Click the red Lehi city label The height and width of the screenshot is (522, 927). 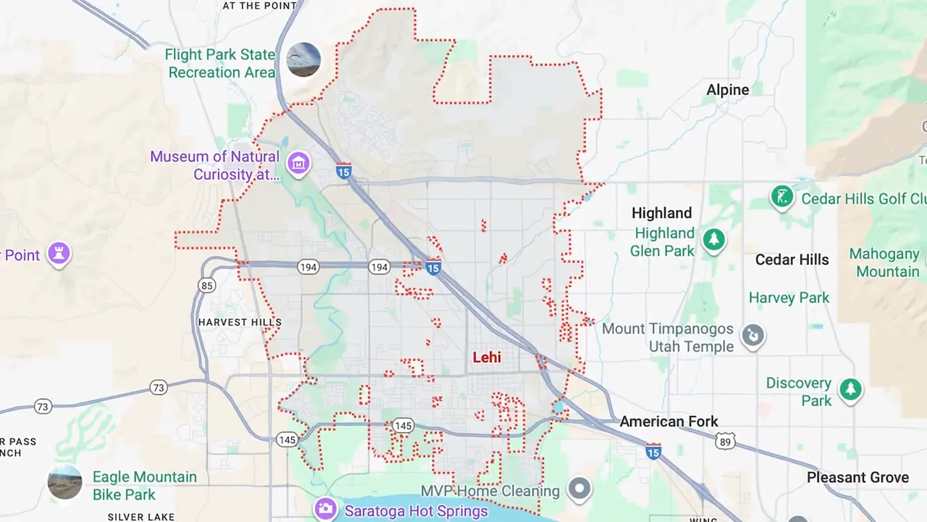pyautogui.click(x=487, y=357)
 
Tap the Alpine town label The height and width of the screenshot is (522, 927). pyautogui.click(x=728, y=90)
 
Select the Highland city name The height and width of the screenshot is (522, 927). pyautogui.click(x=661, y=213)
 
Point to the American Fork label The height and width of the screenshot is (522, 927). pyautogui.click(x=668, y=421)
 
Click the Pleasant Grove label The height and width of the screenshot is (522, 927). pyautogui.click(x=857, y=477)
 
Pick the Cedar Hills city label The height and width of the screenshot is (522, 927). pyautogui.click(x=792, y=260)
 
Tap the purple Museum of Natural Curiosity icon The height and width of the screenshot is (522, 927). pyautogui.click(x=298, y=164)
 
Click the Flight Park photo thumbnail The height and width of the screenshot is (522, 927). pyautogui.click(x=303, y=59)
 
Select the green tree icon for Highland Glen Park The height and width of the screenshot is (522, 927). pyautogui.click(x=714, y=239)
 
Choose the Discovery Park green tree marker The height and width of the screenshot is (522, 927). pyautogui.click(x=851, y=390)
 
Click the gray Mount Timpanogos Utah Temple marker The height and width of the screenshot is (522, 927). pyautogui.click(x=753, y=336)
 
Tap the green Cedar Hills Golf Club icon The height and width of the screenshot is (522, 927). pyautogui.click(x=782, y=196)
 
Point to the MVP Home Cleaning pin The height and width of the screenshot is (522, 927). pyautogui.click(x=579, y=489)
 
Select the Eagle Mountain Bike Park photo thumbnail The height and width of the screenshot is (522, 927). pyautogui.click(x=65, y=482)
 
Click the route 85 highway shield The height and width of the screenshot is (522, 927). pyautogui.click(x=207, y=286)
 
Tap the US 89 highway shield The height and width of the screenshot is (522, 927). pyautogui.click(x=725, y=441)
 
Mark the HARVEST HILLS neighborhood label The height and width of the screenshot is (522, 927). pyautogui.click(x=240, y=322)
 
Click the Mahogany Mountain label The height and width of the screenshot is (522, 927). pyautogui.click(x=884, y=262)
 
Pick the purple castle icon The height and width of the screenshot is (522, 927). pyautogui.click(x=59, y=253)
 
